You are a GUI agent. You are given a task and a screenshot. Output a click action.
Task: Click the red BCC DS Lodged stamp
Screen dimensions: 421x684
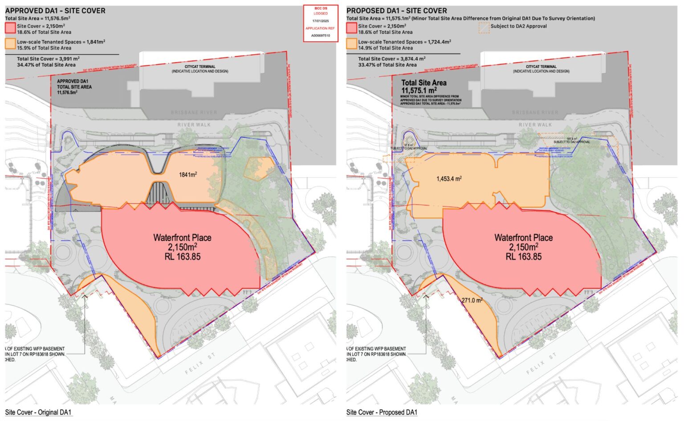click(320, 24)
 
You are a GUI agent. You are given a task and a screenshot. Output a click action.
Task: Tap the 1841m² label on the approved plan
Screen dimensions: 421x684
click(188, 174)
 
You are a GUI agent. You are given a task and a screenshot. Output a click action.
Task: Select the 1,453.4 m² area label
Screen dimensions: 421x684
click(449, 179)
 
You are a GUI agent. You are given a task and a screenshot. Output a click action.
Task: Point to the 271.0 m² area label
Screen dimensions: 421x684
click(472, 300)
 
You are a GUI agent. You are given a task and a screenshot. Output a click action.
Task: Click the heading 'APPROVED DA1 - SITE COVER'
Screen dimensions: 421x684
click(55, 11)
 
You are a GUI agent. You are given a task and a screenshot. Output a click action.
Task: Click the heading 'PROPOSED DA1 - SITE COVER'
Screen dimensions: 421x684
click(396, 11)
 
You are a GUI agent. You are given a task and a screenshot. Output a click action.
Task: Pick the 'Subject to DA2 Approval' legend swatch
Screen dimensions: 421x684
click(484, 28)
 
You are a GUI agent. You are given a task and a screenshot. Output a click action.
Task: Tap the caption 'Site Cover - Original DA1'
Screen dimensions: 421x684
click(38, 412)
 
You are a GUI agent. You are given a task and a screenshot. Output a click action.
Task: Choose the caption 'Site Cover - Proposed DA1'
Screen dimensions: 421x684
click(382, 412)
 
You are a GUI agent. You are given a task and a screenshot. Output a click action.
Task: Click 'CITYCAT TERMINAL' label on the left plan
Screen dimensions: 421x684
click(200, 67)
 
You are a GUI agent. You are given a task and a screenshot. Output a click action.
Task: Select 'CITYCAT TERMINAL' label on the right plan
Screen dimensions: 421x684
click(541, 67)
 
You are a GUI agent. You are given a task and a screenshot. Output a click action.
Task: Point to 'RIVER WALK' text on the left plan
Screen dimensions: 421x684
click(194, 125)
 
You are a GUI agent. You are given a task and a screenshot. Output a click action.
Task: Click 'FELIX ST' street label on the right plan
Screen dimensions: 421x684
click(541, 364)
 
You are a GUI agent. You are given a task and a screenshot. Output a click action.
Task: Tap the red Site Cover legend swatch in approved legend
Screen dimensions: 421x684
click(10, 28)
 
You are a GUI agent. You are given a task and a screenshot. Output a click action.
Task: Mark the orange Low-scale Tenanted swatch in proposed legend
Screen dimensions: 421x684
click(352, 44)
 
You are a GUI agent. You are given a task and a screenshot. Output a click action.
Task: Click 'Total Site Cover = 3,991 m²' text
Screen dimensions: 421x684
click(48, 59)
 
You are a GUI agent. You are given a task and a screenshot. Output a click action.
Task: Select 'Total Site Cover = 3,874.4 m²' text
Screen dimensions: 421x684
click(391, 59)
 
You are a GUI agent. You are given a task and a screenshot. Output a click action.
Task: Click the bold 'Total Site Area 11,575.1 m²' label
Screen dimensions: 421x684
click(423, 86)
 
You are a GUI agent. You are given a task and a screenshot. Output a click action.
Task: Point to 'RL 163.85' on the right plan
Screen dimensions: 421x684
click(523, 257)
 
